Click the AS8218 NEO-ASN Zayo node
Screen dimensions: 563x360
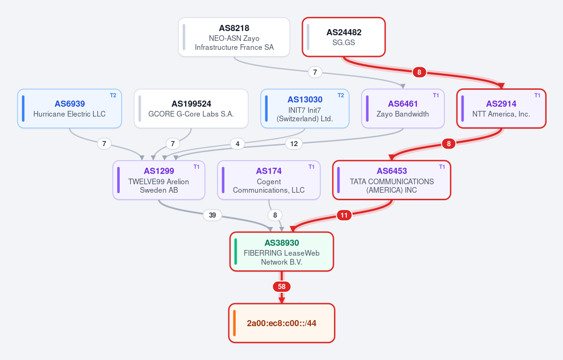point(234,37)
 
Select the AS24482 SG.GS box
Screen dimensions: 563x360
point(344,37)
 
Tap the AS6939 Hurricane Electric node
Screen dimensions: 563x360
point(69,109)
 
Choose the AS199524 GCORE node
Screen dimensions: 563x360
point(191,109)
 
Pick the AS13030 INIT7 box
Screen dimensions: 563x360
point(305,109)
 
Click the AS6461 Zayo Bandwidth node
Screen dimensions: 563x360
point(403,109)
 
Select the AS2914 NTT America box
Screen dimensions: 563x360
point(501,109)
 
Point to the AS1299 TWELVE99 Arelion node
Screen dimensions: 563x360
point(159,180)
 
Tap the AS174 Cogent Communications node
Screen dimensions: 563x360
point(269,180)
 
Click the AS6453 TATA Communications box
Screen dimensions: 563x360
point(392,180)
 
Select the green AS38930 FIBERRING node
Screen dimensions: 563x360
point(282,251)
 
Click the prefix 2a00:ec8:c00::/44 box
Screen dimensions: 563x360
point(282,323)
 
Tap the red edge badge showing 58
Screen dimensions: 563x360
point(282,287)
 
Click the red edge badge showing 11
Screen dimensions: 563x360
point(344,215)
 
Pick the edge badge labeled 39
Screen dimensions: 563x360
point(212,215)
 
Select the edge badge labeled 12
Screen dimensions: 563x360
point(293,144)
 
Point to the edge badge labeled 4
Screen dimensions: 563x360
point(237,144)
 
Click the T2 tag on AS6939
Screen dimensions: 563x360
point(113,95)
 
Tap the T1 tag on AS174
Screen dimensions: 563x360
point(311,167)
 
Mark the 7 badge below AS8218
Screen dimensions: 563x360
point(315,72)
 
